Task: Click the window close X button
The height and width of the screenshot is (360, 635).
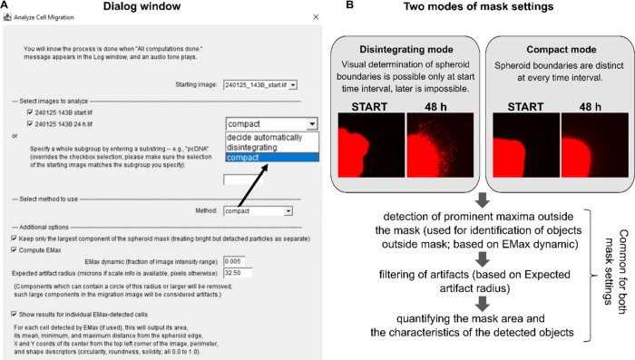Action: (x=316, y=17)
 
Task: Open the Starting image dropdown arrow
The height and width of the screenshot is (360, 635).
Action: (x=293, y=85)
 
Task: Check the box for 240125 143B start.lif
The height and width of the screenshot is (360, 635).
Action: (x=30, y=112)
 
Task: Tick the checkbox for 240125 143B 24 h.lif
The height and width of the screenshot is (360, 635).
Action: (x=30, y=124)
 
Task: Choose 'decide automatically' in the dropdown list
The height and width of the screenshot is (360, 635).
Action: (x=265, y=137)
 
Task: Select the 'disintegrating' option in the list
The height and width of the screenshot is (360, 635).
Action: (x=252, y=148)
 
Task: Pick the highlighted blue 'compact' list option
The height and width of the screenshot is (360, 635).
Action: (x=272, y=158)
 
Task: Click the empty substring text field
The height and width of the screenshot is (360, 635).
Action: (x=242, y=180)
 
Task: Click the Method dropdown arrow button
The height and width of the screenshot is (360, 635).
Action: (x=288, y=211)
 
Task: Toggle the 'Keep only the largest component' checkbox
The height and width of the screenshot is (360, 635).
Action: (x=15, y=238)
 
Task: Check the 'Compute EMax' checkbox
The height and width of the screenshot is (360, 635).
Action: (x=15, y=250)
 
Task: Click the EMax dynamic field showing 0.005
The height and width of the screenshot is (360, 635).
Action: (x=234, y=261)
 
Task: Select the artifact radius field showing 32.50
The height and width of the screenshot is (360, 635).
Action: (x=238, y=273)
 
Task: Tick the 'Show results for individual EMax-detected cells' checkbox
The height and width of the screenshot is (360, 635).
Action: (x=15, y=315)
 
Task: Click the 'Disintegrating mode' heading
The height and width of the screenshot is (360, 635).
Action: (x=406, y=49)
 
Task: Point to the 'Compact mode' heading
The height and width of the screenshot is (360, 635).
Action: (x=562, y=49)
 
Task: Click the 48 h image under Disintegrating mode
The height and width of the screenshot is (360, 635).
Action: (x=440, y=145)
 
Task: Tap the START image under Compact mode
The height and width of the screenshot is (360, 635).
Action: (x=526, y=145)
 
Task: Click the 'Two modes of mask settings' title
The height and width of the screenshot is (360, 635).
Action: (x=478, y=6)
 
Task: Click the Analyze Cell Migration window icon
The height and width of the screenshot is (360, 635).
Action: (x=7, y=17)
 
